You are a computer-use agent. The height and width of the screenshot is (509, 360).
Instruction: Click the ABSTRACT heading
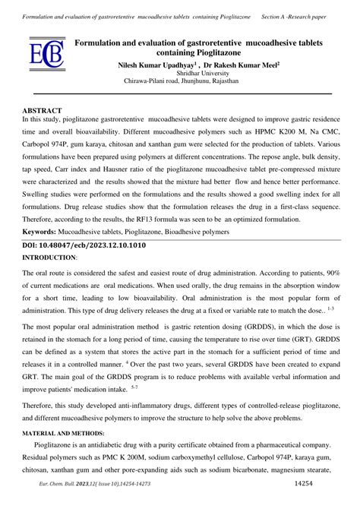[x=43, y=111]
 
